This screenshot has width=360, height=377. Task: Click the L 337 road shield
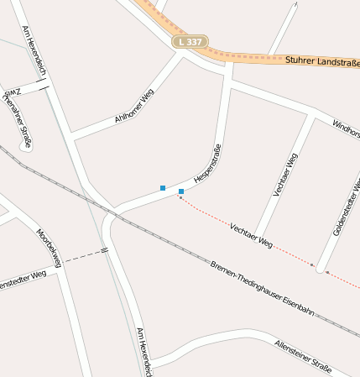point(190,41)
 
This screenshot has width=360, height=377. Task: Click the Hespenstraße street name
point(207,165)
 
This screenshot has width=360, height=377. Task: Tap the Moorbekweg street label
point(49,248)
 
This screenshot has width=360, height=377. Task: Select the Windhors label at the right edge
point(346,128)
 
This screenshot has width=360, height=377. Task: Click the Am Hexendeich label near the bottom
point(143,351)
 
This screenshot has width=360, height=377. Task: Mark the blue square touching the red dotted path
point(181,192)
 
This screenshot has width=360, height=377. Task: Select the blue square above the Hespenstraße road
point(163,186)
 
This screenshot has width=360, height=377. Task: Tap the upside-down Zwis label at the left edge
point(10,92)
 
